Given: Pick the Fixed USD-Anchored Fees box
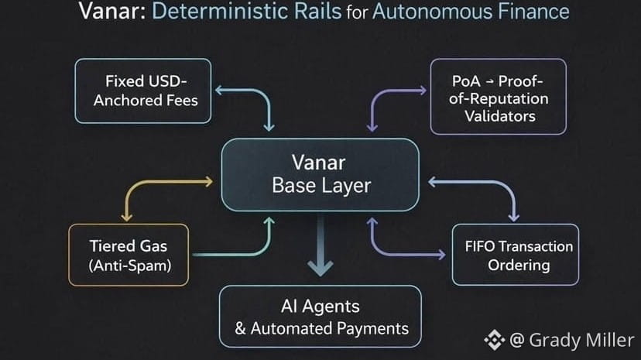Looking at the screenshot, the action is pyautogui.click(x=143, y=91).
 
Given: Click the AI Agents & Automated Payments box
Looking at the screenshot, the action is pyautogui.click(x=321, y=317).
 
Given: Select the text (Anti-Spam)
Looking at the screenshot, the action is pyautogui.click(x=128, y=266).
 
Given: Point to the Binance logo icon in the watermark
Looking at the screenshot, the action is pyautogui.click(x=494, y=339).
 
